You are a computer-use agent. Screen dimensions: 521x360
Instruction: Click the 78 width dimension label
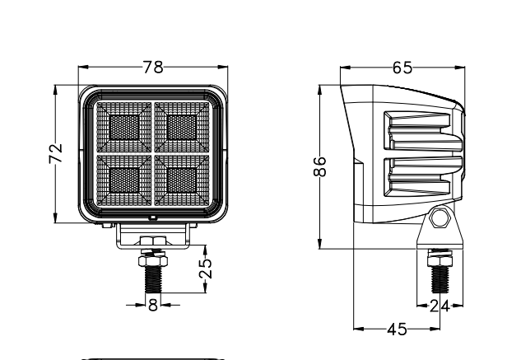[153, 67]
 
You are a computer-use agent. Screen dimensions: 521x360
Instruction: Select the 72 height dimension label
[55, 153]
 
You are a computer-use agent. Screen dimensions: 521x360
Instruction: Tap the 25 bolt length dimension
[205, 269]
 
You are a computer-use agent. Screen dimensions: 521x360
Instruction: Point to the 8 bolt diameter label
[153, 305]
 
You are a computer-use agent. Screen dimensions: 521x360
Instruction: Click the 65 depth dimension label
[402, 68]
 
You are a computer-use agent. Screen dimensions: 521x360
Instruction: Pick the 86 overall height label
[319, 166]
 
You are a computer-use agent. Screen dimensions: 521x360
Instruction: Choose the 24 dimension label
[440, 306]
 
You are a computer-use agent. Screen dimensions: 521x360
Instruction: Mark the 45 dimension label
[397, 330]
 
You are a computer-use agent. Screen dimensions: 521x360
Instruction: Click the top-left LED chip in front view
[124, 128]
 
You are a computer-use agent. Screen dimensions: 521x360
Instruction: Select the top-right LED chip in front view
[182, 128]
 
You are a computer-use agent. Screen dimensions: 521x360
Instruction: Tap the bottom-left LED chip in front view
[124, 180]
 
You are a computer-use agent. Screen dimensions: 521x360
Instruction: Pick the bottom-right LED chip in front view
[182, 180]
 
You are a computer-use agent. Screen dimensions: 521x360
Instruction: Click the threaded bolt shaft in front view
[153, 279]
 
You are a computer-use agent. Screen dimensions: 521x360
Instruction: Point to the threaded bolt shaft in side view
[440, 279]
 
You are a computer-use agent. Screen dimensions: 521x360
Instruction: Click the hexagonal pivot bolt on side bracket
[440, 218]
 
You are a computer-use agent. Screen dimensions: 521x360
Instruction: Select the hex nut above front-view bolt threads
[153, 261]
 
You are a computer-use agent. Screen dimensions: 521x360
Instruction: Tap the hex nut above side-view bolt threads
[440, 261]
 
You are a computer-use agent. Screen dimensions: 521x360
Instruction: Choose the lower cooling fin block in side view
[423, 176]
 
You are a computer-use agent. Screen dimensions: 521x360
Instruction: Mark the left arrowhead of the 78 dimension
[83, 67]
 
